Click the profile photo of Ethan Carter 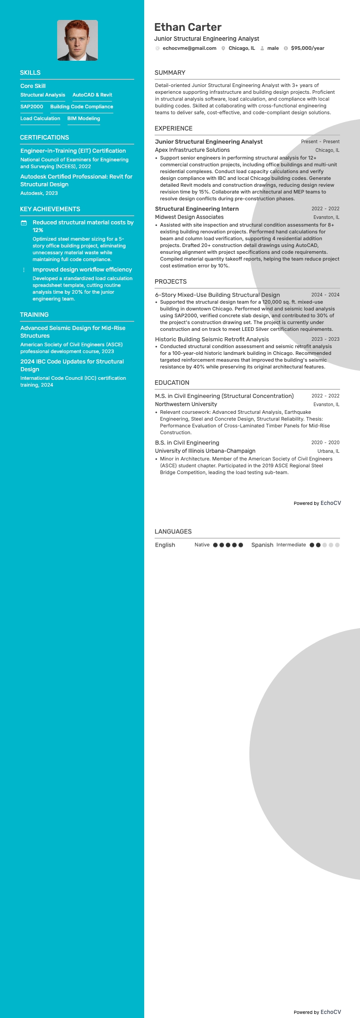pyautogui.click(x=78, y=40)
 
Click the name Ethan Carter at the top pyautogui.click(x=188, y=27)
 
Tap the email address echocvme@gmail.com pyautogui.click(x=189, y=48)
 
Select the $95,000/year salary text pyautogui.click(x=307, y=48)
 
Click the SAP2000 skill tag pyautogui.click(x=32, y=107)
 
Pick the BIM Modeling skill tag pyautogui.click(x=83, y=118)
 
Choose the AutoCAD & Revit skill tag pyautogui.click(x=92, y=95)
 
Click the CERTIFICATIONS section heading pyautogui.click(x=44, y=137)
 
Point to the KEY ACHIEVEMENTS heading pyautogui.click(x=50, y=209)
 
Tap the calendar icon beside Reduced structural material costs pyautogui.click(x=24, y=223)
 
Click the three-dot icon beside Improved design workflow pyautogui.click(x=24, y=270)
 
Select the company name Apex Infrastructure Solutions pyautogui.click(x=192, y=150)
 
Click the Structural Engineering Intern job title pyautogui.click(x=197, y=209)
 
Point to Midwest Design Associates pyautogui.click(x=189, y=217)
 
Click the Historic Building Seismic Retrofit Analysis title pyautogui.click(x=212, y=339)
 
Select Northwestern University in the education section pyautogui.click(x=186, y=404)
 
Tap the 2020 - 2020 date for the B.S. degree pyautogui.click(x=325, y=442)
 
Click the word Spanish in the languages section pyautogui.click(x=262, y=545)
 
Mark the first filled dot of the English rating pyautogui.click(x=215, y=545)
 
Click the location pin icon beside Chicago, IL pyautogui.click(x=223, y=48)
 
